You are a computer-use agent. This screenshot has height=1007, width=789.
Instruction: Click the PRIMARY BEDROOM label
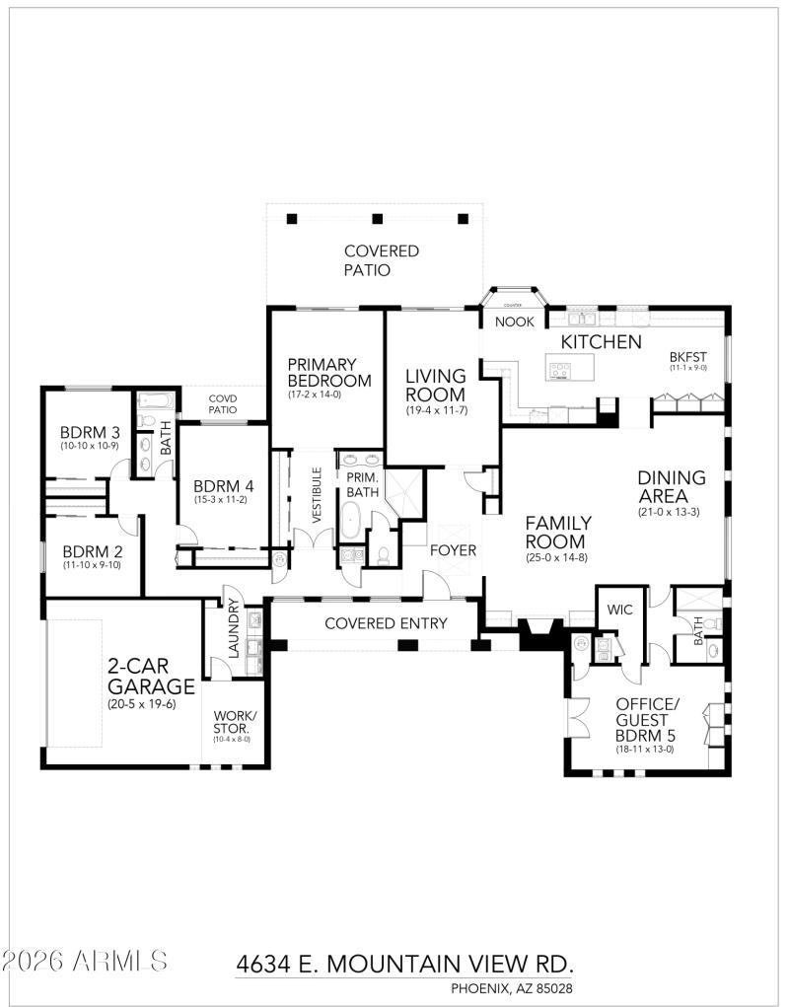[x=328, y=372]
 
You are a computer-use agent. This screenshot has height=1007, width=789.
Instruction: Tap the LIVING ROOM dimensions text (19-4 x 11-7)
[x=436, y=409]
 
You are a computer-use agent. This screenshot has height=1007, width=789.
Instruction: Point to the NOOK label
[x=514, y=322]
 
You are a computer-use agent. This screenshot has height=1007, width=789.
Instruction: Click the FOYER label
[x=453, y=549]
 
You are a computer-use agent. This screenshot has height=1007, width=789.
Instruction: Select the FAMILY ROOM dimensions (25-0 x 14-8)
[x=557, y=558]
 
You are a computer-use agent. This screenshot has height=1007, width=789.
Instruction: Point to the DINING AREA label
[x=671, y=487]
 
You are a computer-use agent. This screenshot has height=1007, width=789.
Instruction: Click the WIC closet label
[x=619, y=610]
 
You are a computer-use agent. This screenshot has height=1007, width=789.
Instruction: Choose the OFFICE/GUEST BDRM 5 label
[x=647, y=719]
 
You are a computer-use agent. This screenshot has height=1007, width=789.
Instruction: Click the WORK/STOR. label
[x=234, y=721]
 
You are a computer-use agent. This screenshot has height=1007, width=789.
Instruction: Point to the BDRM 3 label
[x=89, y=432]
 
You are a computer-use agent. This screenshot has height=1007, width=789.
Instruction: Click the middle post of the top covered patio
[x=376, y=219]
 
